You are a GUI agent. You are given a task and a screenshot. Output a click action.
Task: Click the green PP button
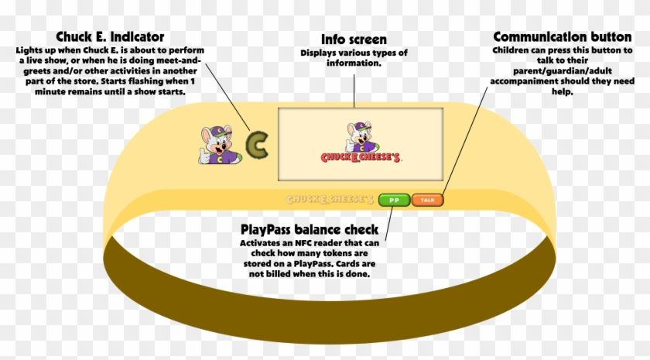pos(394,200)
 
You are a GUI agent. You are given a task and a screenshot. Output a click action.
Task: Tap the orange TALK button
pos(427,200)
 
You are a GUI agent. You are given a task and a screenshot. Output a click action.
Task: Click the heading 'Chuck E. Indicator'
pos(110,37)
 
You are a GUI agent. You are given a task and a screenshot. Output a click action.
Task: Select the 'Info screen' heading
pos(354,39)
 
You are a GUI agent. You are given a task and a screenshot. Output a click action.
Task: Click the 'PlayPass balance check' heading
pos(310,230)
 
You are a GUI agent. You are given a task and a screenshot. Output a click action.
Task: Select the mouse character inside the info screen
pos(361,138)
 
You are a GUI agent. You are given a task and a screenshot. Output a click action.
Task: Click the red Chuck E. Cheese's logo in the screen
pos(361,157)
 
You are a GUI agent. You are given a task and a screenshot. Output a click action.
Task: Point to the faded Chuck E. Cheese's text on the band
pos(330,200)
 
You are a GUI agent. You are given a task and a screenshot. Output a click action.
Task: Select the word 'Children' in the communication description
pos(511,50)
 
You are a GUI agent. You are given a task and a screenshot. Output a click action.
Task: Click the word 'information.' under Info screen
pos(354,63)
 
